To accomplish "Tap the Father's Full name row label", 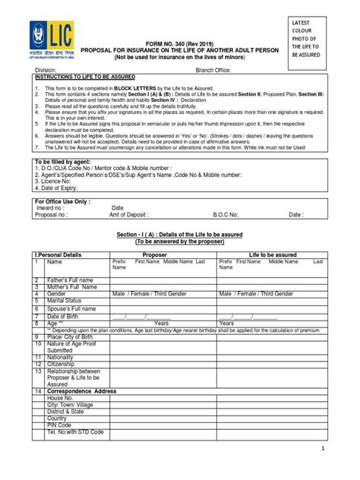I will (72, 279).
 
